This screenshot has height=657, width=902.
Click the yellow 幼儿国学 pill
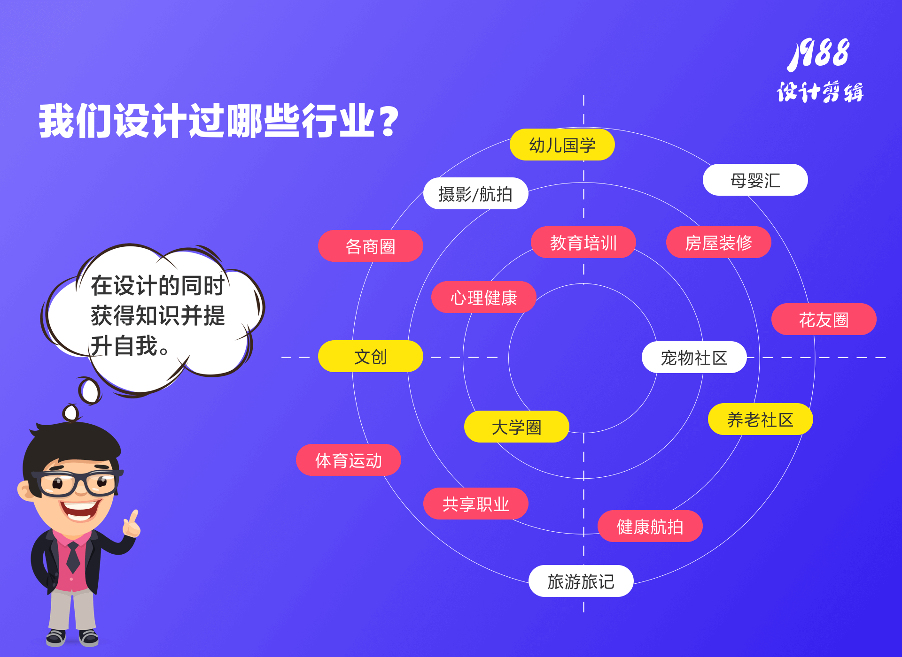[x=562, y=145]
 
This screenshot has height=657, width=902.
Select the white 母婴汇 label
[x=755, y=180]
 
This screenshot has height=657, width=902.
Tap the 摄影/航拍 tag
[x=475, y=193]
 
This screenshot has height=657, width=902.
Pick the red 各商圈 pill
[x=370, y=246]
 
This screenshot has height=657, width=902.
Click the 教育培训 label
[x=583, y=242]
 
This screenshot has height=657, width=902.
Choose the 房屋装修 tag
[x=718, y=242]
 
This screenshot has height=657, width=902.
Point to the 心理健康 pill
[x=483, y=297]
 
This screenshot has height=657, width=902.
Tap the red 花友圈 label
[x=824, y=319]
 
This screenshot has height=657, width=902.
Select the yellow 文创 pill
[x=370, y=356]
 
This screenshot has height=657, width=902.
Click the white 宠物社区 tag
[x=694, y=357]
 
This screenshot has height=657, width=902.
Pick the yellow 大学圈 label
[x=516, y=427]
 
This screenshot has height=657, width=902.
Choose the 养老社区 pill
[x=760, y=419]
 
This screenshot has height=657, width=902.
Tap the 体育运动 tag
[x=348, y=460]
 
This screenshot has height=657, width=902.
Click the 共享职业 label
[x=475, y=504]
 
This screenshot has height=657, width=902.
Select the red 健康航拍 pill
[x=650, y=526]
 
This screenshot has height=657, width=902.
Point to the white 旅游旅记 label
[x=581, y=581]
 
